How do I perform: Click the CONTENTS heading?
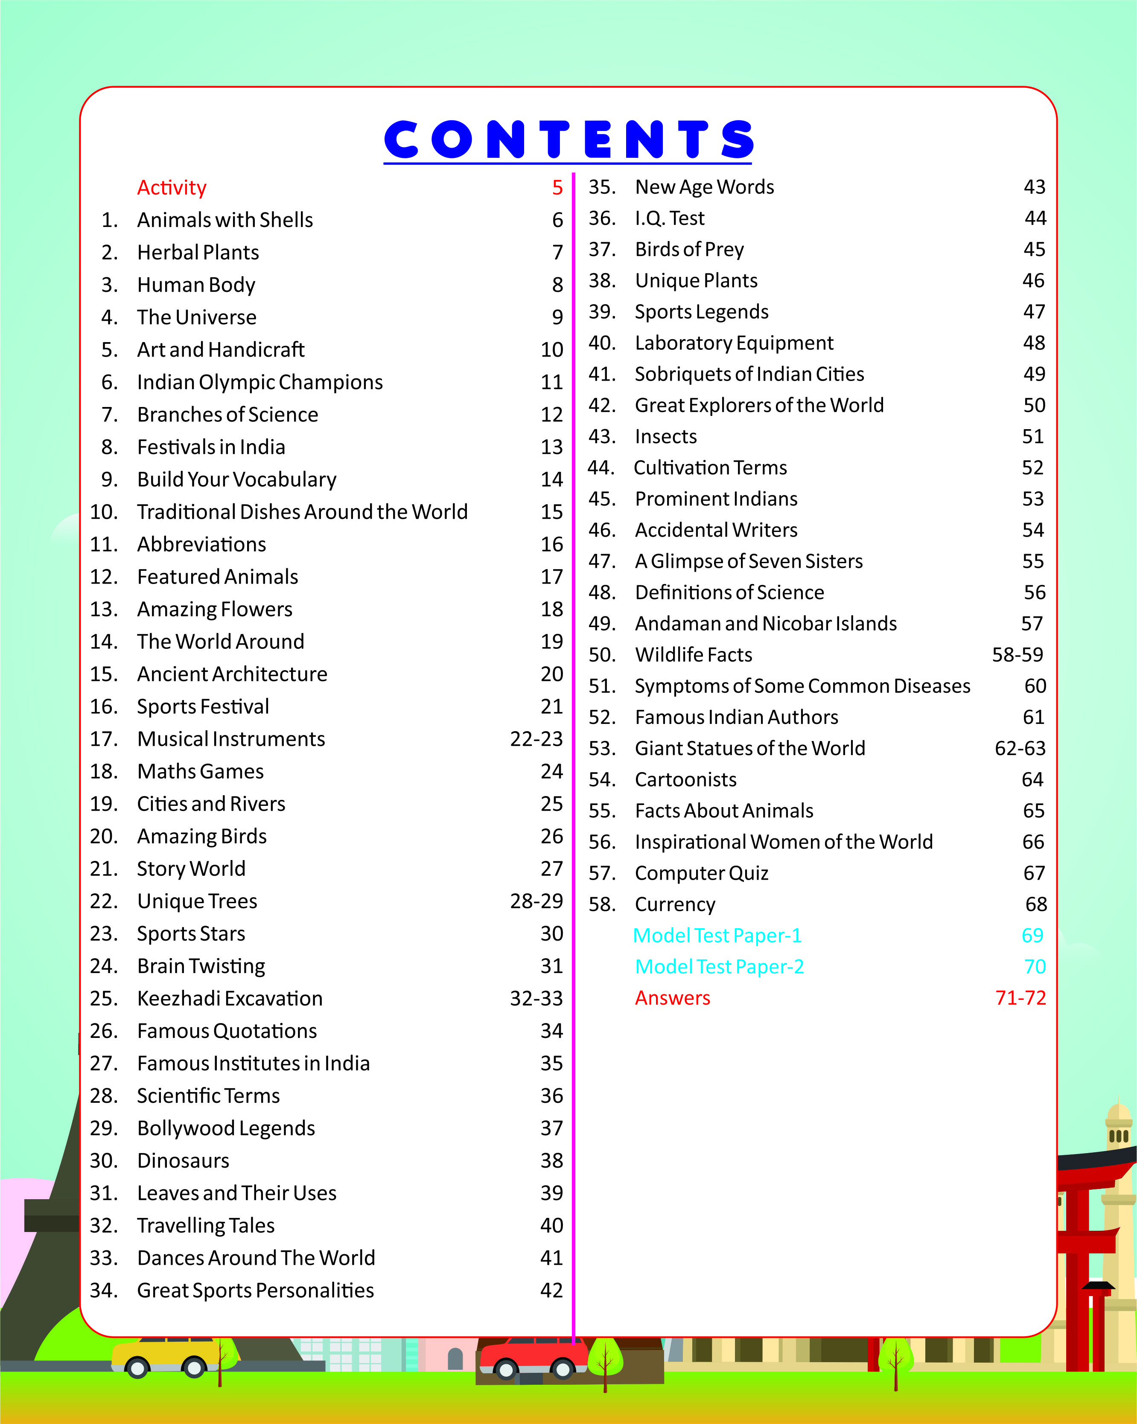pos(568,139)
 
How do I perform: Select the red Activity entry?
pos(172,188)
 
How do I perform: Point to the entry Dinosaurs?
pos(183,1160)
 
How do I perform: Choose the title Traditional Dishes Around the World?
pos(302,512)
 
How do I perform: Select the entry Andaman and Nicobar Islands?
pos(765,624)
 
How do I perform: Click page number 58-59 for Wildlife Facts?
pos(1017,654)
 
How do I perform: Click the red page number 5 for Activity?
pos(557,188)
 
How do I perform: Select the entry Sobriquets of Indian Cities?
pos(749,374)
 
